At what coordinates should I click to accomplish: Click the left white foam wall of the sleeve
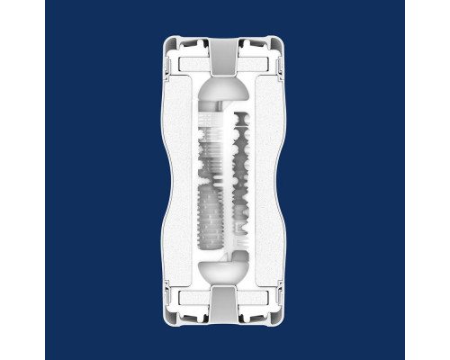click(180, 180)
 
